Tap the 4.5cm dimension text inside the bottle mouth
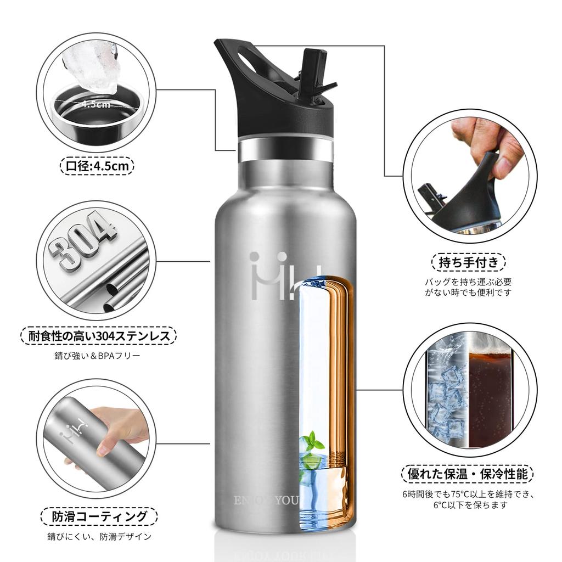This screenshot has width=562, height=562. pyautogui.click(x=97, y=104)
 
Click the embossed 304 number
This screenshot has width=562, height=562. pyautogui.click(x=82, y=241)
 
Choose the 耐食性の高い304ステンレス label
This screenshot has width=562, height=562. pyautogui.click(x=99, y=335)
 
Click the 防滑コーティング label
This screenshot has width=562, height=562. pyautogui.click(x=99, y=516)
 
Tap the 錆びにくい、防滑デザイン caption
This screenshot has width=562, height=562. pyautogui.click(x=99, y=537)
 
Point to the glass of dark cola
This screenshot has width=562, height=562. pyautogui.click(x=490, y=395)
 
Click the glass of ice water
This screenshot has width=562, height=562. pyautogui.click(x=446, y=395)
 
